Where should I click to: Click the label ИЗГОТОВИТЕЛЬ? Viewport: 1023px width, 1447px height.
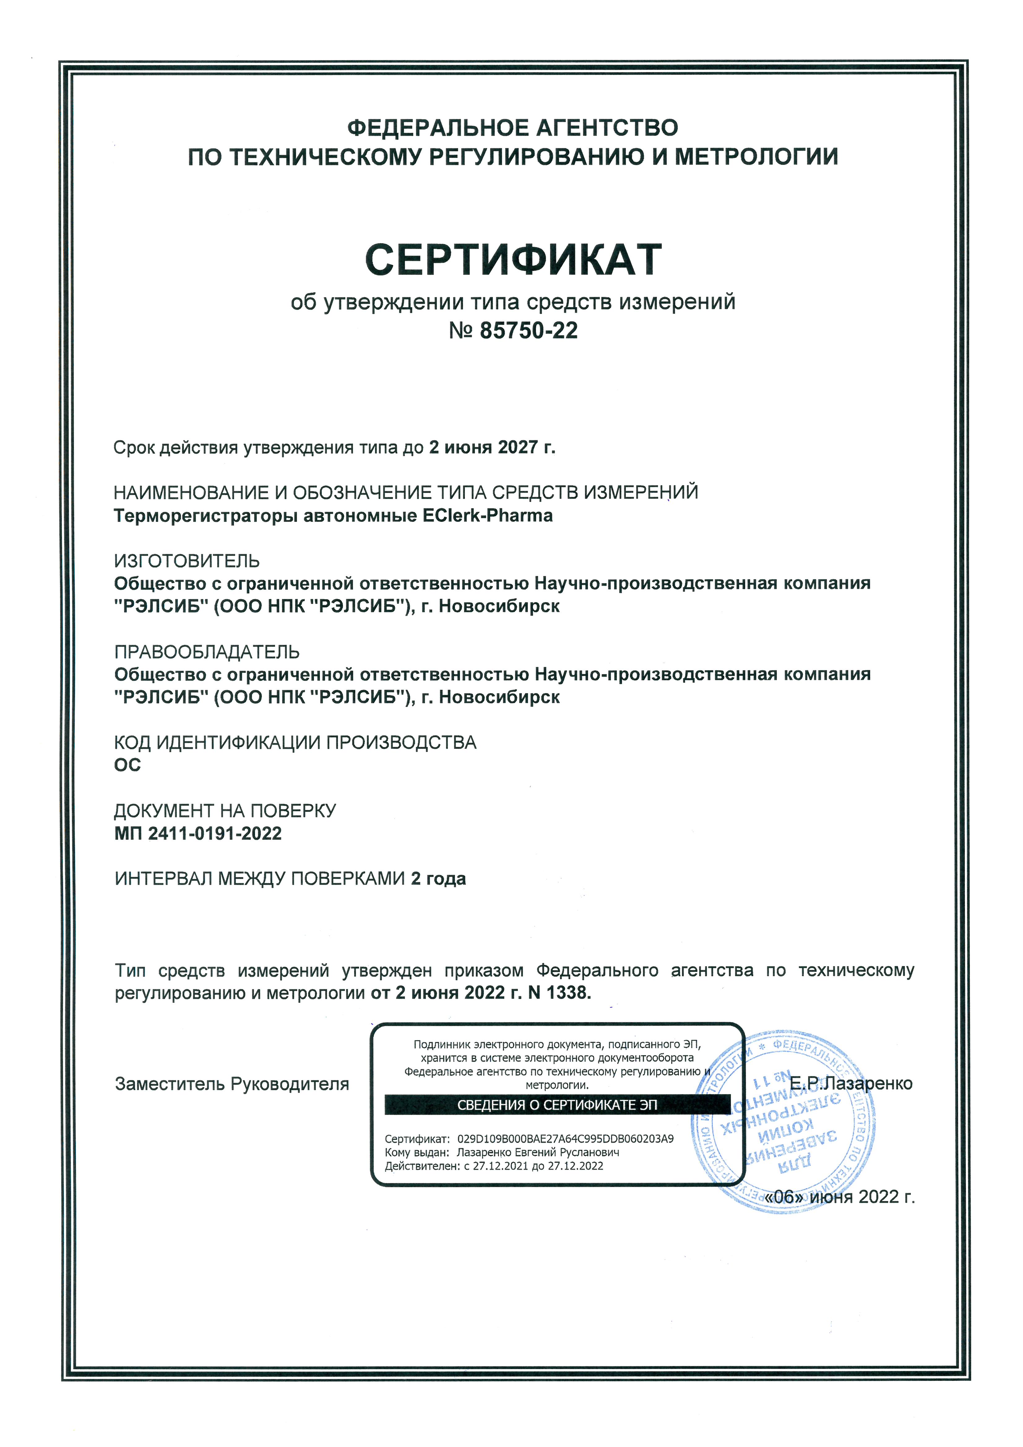pos(187,561)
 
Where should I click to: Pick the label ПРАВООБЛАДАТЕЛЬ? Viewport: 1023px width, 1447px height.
pos(207,652)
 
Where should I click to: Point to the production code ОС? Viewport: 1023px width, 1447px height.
pos(127,765)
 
